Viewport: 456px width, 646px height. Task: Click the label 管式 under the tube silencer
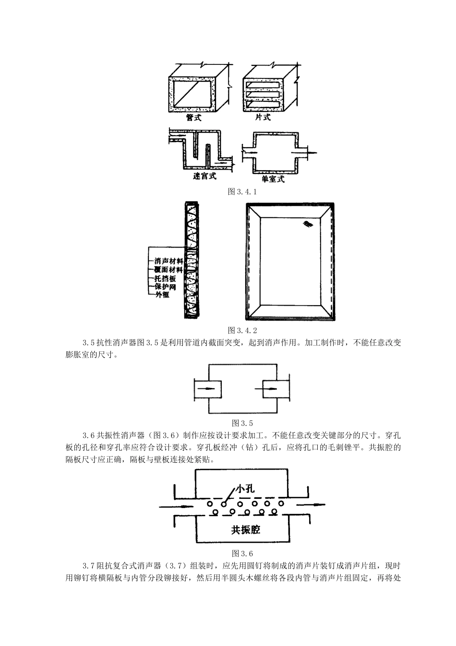pyautogui.click(x=194, y=118)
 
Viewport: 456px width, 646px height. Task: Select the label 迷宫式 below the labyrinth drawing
pyautogui.click(x=204, y=177)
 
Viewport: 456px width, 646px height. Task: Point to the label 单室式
pyautogui.click(x=273, y=179)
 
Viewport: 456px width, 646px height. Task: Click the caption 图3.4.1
pyautogui.click(x=242, y=192)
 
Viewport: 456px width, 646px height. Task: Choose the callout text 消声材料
pyautogui.click(x=168, y=261)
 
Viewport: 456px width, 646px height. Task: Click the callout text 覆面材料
pyautogui.click(x=168, y=270)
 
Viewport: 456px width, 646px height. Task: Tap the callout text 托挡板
pyautogui.click(x=166, y=278)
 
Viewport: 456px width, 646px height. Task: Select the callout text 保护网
pyautogui.click(x=166, y=287)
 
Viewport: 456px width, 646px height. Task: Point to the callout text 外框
pyautogui.click(x=162, y=295)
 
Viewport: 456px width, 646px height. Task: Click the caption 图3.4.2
pyautogui.click(x=242, y=330)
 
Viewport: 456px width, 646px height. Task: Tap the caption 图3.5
pyautogui.click(x=242, y=423)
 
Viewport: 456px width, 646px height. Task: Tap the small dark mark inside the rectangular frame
pyautogui.click(x=307, y=224)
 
